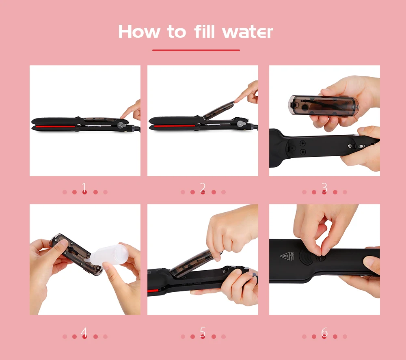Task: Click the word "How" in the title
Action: [x=139, y=32]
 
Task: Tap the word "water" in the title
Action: [x=248, y=32]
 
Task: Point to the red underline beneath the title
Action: [x=196, y=50]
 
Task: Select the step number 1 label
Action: [x=84, y=187]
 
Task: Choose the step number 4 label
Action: [x=84, y=332]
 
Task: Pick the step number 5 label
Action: [x=203, y=332]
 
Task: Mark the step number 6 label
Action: [x=324, y=332]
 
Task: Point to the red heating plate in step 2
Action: [x=175, y=126]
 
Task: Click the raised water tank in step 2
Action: [x=218, y=110]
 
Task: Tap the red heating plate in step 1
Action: [x=56, y=126]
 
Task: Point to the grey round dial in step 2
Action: [x=241, y=124]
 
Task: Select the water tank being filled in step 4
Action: [x=75, y=254]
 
